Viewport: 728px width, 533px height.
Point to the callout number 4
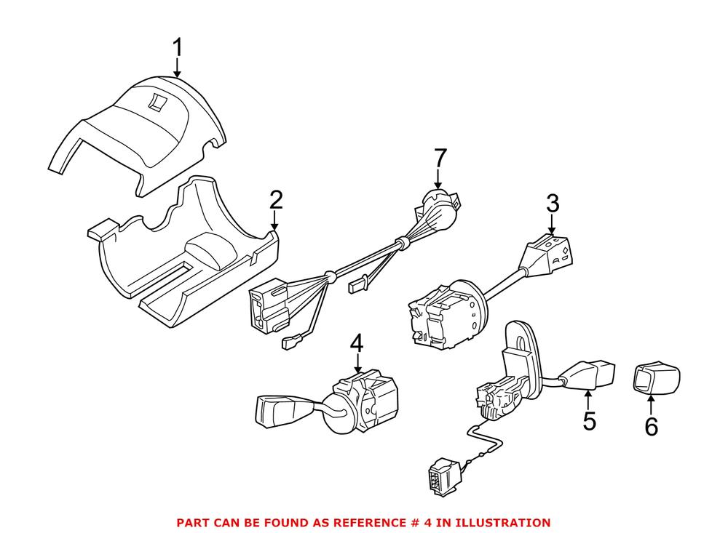coord(356,343)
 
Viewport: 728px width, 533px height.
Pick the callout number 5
coord(588,420)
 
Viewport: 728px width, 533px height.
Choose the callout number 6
coord(650,427)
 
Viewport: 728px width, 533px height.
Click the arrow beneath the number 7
coord(439,179)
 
